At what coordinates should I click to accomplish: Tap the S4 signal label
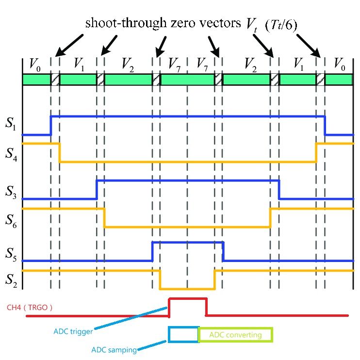[11, 153]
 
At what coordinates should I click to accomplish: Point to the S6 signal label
[11, 221]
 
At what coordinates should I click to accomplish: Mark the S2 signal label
[11, 280]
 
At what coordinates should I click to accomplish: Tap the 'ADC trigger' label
[73, 332]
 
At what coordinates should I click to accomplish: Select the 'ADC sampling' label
[114, 349]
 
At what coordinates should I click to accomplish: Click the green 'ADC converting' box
[236, 335]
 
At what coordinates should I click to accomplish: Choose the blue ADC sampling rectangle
[183, 334]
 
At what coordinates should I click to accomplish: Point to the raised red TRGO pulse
[188, 299]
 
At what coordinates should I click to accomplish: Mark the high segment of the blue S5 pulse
[188, 242]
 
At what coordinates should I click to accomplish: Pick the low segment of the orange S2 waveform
[187, 289]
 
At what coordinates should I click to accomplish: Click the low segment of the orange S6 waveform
[187, 227]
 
